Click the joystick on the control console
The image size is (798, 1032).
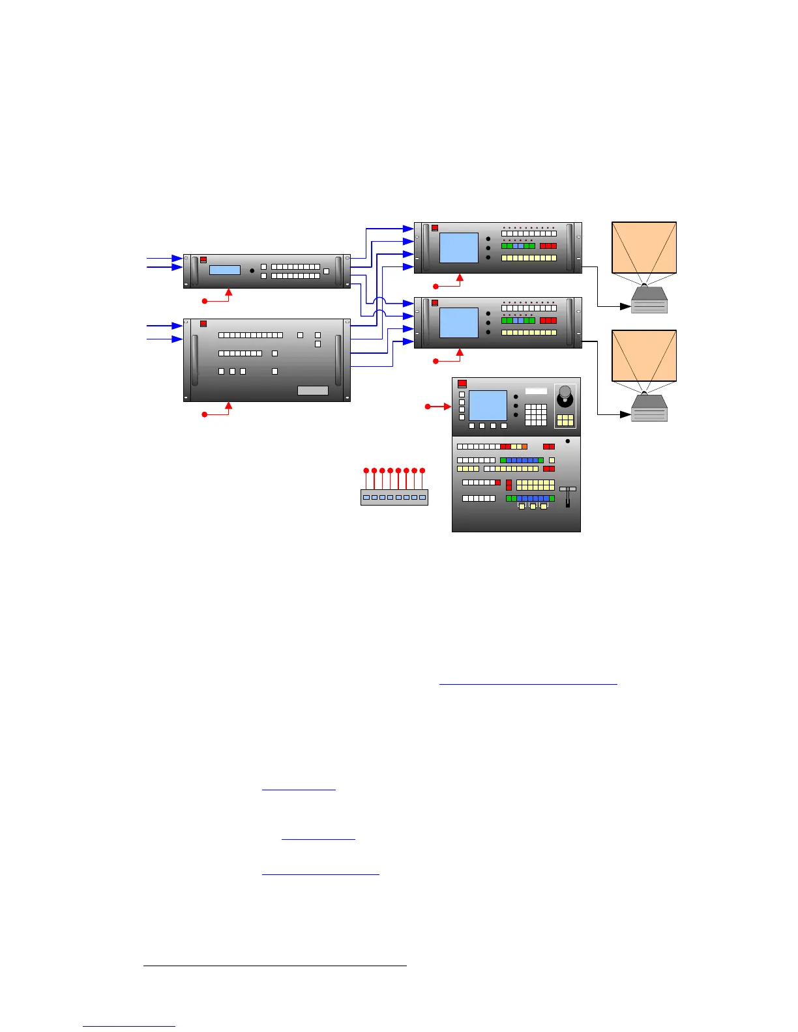click(565, 394)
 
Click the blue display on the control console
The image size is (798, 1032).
click(488, 405)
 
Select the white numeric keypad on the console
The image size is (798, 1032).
click(535, 414)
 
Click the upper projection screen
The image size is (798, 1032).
click(644, 248)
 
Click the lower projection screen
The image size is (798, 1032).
click(644, 356)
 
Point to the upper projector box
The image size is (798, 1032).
click(649, 300)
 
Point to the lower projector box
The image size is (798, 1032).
click(649, 408)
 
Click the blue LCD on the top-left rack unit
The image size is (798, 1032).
click(224, 270)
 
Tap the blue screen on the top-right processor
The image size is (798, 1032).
click(459, 248)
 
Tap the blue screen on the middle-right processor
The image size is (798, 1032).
click(459, 322)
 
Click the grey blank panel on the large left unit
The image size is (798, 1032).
click(312, 390)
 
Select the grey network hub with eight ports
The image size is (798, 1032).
click(394, 497)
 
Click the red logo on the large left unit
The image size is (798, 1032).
click(203, 323)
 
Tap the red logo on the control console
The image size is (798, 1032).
click(462, 384)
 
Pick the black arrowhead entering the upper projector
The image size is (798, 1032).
click(625, 306)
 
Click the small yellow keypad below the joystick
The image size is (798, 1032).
click(565, 420)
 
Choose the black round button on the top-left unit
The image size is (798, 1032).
click(252, 270)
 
